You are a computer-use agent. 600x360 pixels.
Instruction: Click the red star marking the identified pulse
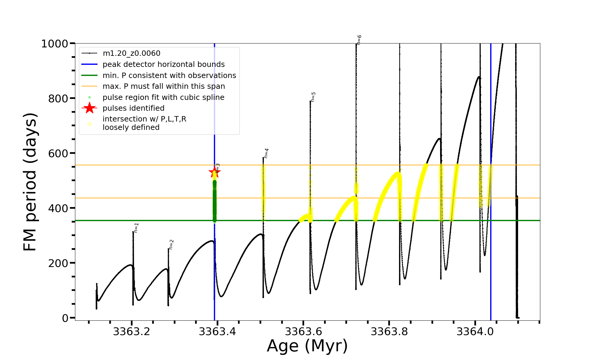pyautogui.click(x=214, y=172)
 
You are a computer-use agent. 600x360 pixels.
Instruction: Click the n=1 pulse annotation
pyautogui.click(x=136, y=228)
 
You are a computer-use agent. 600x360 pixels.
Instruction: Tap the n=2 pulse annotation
pyautogui.click(x=171, y=244)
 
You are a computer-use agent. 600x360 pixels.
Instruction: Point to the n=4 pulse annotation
pyautogui.click(x=266, y=153)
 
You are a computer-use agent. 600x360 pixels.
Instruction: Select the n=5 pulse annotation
pyautogui.click(x=313, y=97)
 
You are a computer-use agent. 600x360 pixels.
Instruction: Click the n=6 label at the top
pyautogui.click(x=359, y=40)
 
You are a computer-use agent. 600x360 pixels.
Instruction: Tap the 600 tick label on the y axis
pyautogui.click(x=58, y=153)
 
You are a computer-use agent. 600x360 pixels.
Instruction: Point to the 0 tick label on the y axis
pyautogui.click(x=65, y=318)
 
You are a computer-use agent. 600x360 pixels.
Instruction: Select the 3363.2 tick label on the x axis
pyautogui.click(x=131, y=332)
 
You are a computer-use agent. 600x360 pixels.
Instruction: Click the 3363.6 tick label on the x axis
pyautogui.click(x=303, y=332)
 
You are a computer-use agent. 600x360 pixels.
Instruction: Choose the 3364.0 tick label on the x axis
pyautogui.click(x=475, y=332)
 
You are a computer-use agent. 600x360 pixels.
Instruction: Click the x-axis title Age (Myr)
pyautogui.click(x=307, y=346)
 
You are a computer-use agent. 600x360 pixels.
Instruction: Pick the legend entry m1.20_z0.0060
pyautogui.click(x=131, y=53)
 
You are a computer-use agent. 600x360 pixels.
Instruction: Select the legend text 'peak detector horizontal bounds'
pyautogui.click(x=163, y=64)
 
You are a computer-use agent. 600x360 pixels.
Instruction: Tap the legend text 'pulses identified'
pyautogui.click(x=133, y=108)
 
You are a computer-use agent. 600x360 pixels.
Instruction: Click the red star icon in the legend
pyautogui.click(x=89, y=108)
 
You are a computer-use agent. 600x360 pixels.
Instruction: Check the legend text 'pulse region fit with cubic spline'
pyautogui.click(x=163, y=97)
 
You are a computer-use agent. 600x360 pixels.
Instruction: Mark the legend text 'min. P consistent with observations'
pyautogui.click(x=169, y=76)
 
